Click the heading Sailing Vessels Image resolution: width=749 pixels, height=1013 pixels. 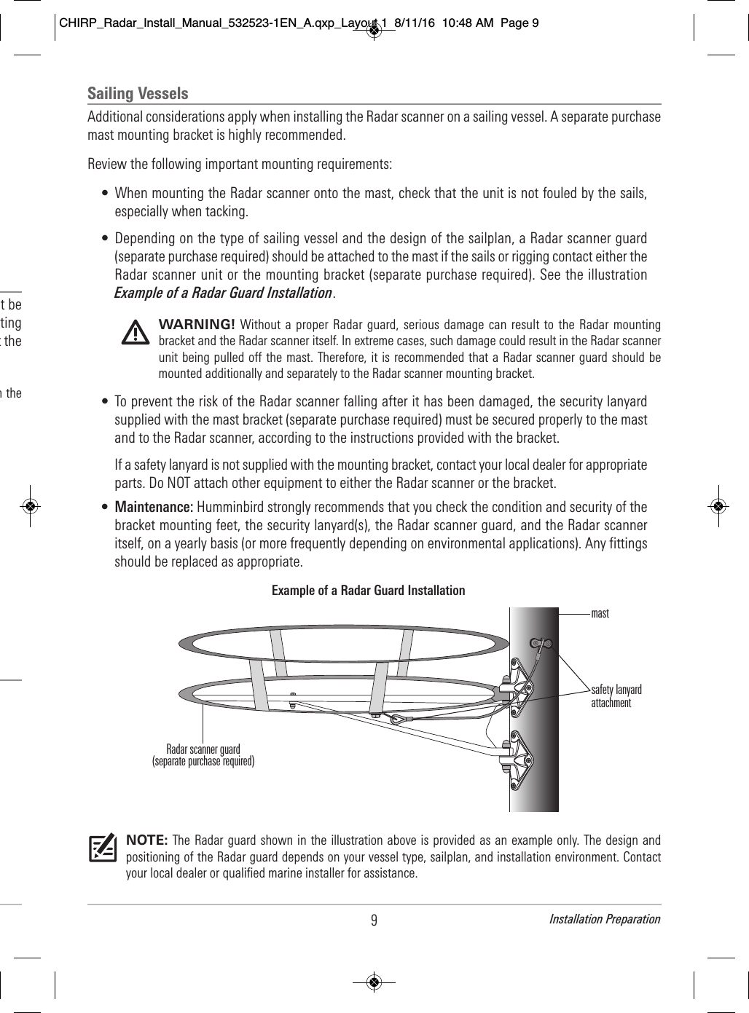point(138,93)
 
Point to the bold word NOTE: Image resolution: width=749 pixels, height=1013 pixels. point(148,839)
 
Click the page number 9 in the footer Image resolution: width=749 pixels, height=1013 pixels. point(374,920)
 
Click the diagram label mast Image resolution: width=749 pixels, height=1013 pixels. point(600,614)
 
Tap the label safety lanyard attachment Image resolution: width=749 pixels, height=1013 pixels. point(616,696)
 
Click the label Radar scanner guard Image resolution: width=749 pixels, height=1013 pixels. point(203,749)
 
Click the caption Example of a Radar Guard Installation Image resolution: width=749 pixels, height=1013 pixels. point(368,591)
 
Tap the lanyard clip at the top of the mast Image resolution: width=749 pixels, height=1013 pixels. point(542,644)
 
